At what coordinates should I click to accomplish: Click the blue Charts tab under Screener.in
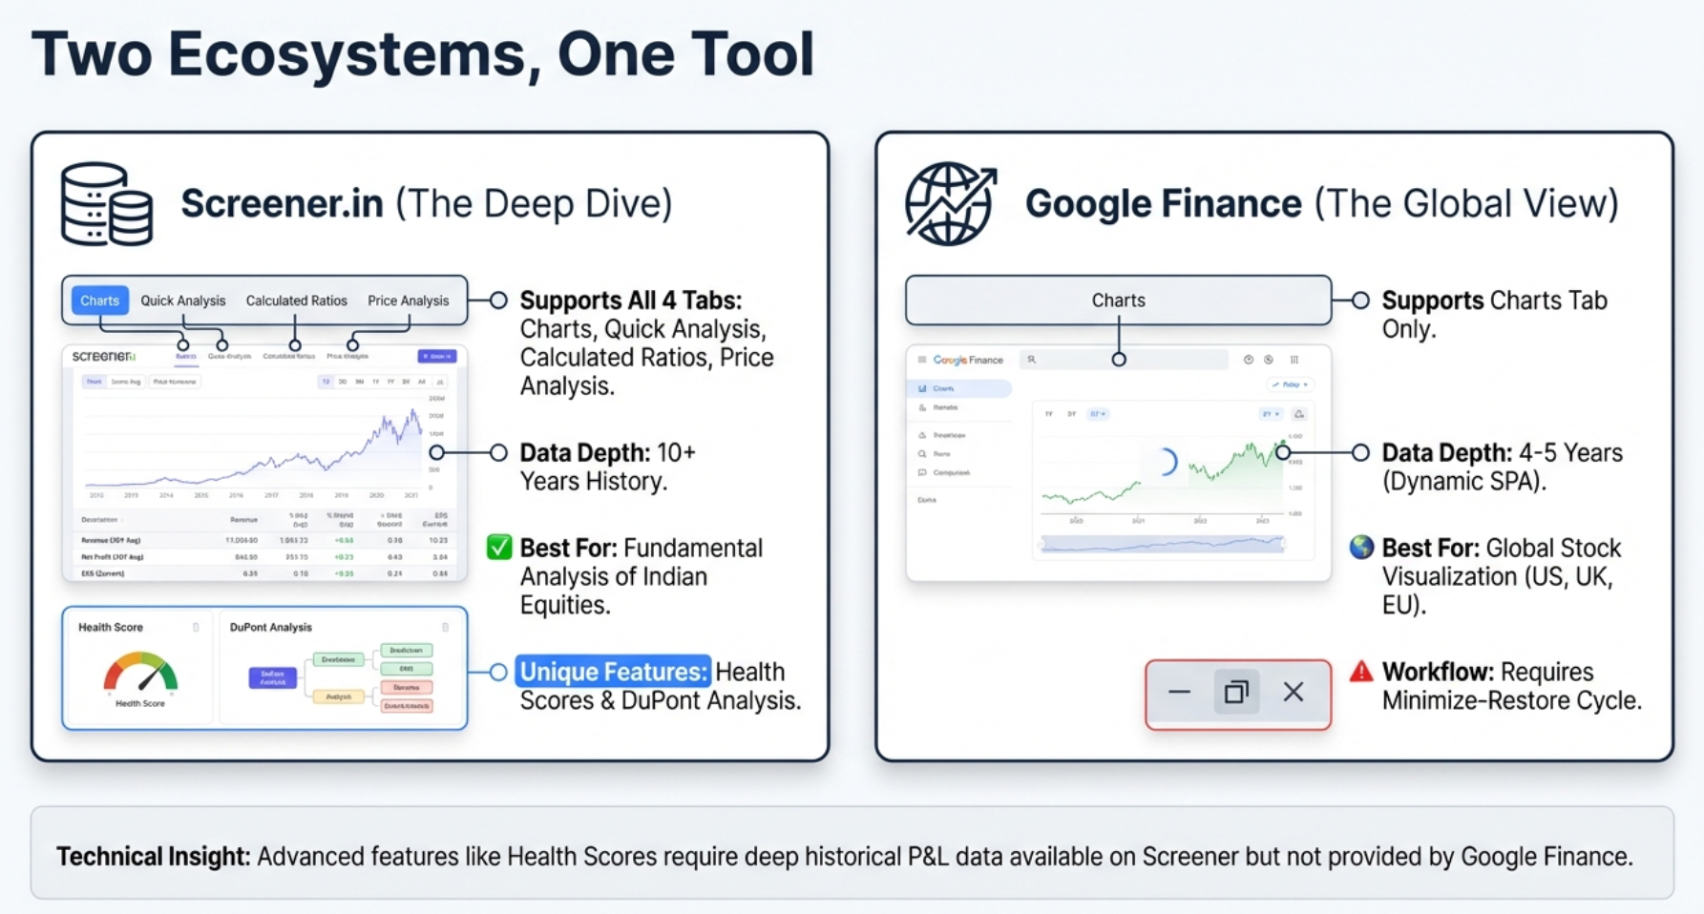[100, 301]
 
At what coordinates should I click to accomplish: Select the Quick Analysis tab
[183, 301]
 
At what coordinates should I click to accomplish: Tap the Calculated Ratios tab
[297, 301]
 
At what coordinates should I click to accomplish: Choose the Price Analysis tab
[408, 301]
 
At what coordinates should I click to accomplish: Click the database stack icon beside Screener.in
[106, 204]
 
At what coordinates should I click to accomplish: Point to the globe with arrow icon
[951, 204]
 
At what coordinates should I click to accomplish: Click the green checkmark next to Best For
[499, 548]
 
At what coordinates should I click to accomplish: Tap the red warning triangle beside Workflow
[1361, 672]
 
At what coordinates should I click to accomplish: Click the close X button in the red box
[1294, 693]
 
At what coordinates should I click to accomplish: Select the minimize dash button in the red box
[1180, 693]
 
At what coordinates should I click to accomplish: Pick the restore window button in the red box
[1236, 693]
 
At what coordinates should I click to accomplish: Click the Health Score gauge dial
[140, 673]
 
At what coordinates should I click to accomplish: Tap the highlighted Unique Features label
[613, 672]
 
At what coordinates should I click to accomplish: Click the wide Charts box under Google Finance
[1118, 301]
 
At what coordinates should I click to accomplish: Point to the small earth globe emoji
[1361, 548]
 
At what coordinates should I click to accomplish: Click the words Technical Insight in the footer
[153, 856]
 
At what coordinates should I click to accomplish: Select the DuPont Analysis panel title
[271, 628]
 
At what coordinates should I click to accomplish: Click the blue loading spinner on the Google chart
[1166, 463]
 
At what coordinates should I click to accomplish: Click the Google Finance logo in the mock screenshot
[968, 361]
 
